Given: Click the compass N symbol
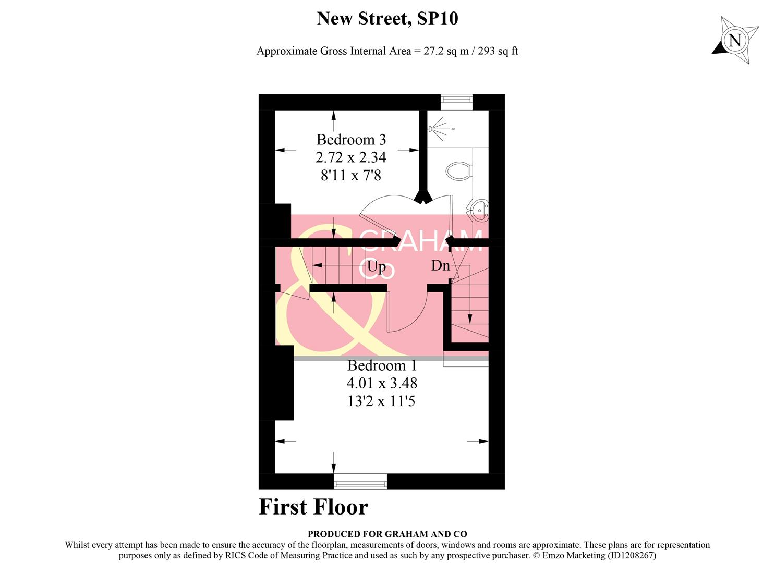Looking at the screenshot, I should (734, 40).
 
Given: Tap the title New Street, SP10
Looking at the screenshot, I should (387, 19).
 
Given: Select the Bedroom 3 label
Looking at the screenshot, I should (351, 140).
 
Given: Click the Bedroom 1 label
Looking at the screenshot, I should (382, 365).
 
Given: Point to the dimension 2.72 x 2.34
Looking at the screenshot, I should (351, 157).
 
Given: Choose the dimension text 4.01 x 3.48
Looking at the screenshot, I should (382, 383).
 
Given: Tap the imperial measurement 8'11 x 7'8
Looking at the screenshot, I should (351, 175).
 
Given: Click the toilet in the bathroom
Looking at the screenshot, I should (459, 170).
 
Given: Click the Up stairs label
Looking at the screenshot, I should (376, 266).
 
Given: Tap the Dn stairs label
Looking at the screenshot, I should (440, 265).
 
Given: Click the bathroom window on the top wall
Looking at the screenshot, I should (456, 99).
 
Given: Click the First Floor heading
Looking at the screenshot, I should (313, 507).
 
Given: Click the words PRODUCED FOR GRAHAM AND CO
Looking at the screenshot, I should (387, 534).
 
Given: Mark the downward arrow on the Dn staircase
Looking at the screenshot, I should (470, 318).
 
